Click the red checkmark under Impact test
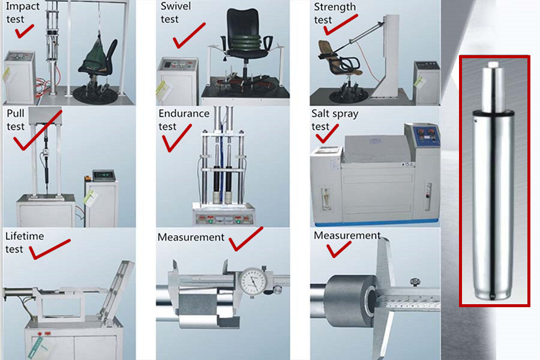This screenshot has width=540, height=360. point(23,32)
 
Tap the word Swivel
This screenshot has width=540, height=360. point(176,6)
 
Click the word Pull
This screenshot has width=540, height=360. point(16,113)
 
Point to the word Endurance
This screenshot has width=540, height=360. point(184,113)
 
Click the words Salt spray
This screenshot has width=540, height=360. point(335,114)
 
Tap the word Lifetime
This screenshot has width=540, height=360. point(25,236)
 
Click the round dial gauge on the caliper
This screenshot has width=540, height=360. point(253,281)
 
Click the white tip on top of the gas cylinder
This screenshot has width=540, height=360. point(493,64)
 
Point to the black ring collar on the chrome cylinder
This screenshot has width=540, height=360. point(493,113)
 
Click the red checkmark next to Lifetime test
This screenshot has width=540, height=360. point(49,250)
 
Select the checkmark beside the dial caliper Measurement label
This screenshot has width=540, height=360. point(245,239)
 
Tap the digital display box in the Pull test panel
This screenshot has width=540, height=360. point(104,175)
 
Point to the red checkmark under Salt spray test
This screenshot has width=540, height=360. point(326,134)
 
